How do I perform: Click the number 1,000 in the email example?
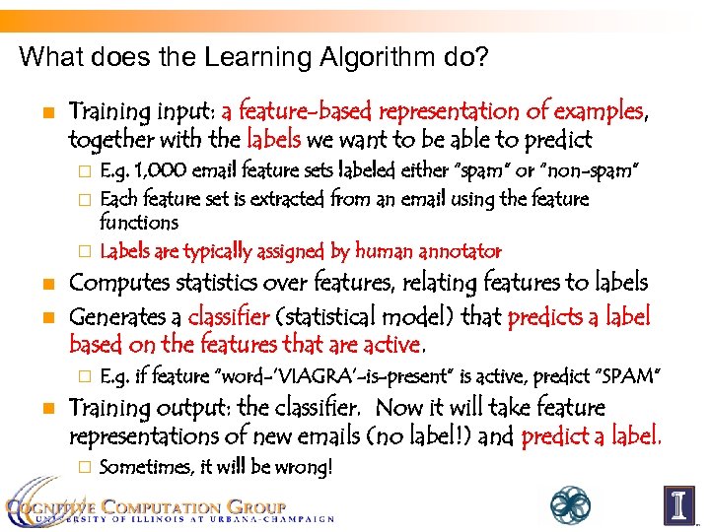(159, 173)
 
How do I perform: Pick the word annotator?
(458, 251)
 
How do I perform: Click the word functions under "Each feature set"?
(139, 224)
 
